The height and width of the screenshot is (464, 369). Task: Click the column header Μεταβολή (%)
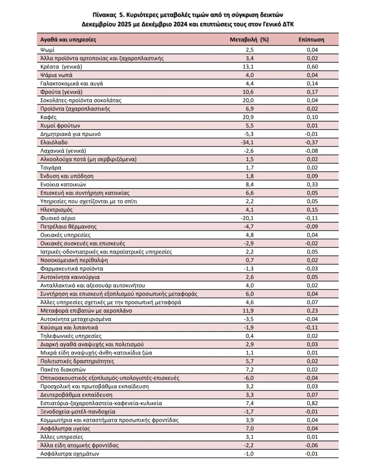click(249, 39)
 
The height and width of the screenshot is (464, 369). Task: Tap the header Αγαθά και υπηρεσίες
click(68, 39)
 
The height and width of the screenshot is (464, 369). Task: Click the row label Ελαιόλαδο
click(53, 142)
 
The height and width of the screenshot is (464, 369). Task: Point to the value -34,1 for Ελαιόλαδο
click(249, 142)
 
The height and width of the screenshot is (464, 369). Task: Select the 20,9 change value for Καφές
click(249, 117)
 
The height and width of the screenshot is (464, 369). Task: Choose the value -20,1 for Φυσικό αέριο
click(249, 218)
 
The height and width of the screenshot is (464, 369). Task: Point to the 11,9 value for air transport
click(249, 310)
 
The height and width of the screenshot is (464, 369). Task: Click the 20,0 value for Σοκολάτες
click(249, 100)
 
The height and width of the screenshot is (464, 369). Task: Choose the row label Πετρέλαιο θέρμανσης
click(68, 226)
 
